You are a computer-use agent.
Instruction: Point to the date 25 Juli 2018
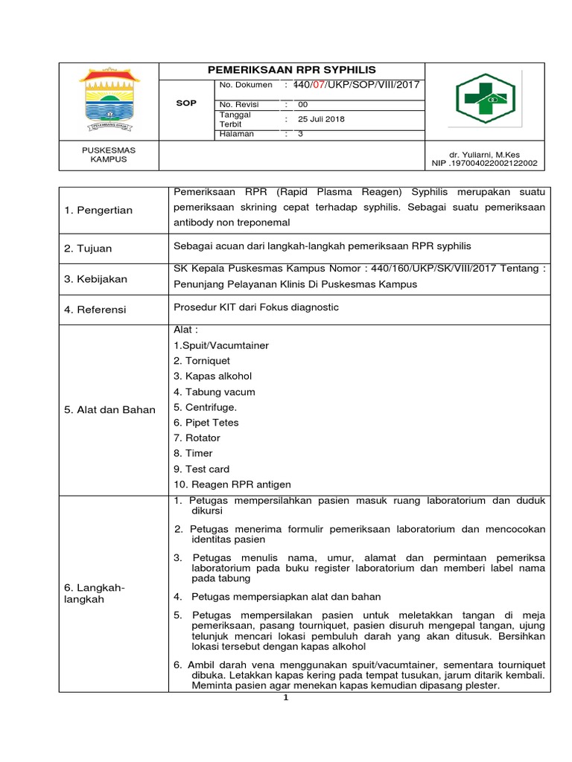(321, 119)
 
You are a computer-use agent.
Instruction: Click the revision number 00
(303, 105)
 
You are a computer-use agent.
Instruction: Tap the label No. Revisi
(237, 105)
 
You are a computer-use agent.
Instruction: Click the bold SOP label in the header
(186, 103)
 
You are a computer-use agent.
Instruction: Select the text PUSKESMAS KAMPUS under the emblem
(109, 154)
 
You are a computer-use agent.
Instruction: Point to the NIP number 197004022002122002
(488, 163)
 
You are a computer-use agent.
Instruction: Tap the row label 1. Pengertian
(98, 210)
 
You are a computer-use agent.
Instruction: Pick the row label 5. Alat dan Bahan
(109, 409)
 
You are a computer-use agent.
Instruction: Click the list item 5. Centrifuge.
(205, 407)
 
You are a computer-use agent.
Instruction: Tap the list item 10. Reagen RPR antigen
(232, 484)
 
